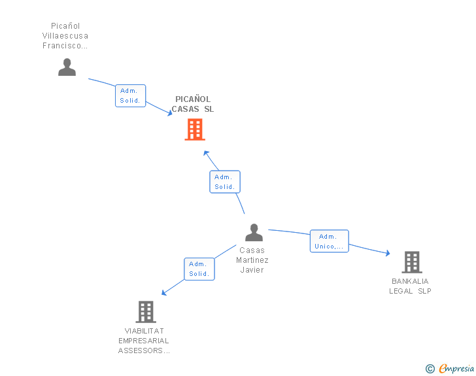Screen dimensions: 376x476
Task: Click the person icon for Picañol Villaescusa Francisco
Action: click(67, 67)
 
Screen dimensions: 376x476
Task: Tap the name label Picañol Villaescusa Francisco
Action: click(65, 36)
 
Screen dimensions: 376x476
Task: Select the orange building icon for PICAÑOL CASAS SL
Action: click(194, 129)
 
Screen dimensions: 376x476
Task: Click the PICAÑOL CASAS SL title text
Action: click(193, 105)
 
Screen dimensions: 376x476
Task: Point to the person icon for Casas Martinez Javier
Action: click(254, 232)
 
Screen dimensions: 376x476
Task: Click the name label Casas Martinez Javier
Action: click(252, 260)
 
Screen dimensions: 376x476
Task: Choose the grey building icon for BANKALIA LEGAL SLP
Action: click(411, 262)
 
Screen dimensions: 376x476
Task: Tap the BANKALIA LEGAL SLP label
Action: click(410, 286)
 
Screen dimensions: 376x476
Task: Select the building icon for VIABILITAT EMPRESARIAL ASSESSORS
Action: click(145, 311)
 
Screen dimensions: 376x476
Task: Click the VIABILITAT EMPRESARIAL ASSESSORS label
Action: click(144, 341)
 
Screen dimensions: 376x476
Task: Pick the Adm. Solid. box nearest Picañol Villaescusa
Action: click(130, 95)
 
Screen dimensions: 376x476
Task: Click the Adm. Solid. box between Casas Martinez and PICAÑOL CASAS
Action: click(225, 182)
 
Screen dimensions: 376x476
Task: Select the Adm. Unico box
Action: click(329, 241)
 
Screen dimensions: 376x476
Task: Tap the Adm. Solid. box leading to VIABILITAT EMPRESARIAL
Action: click(199, 269)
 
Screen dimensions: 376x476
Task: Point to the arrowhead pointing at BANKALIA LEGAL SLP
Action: click(388, 253)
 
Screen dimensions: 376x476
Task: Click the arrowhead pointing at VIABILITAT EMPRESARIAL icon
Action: click(164, 293)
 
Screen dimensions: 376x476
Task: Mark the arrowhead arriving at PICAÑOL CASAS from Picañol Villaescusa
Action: click(169, 113)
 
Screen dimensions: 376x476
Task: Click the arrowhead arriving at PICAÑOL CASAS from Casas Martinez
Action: click(205, 153)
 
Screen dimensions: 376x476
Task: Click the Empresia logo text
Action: click(456, 369)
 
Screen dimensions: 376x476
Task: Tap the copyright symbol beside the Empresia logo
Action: click(430, 369)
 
